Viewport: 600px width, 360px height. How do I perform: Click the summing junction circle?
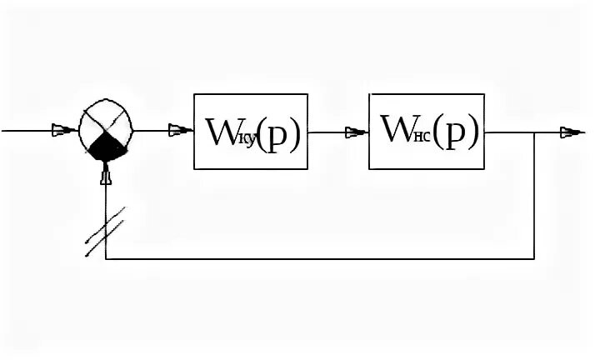coord(106,132)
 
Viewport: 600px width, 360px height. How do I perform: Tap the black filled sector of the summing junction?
coord(106,148)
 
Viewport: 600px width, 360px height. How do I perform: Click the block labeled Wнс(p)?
coord(427,130)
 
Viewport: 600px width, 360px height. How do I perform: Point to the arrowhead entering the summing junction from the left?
coord(62,130)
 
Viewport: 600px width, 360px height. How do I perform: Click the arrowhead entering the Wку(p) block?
coord(177,130)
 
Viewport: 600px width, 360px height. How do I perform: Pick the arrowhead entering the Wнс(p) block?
coord(356,131)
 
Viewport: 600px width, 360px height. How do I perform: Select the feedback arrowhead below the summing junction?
coord(106,176)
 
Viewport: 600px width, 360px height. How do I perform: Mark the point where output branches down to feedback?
coord(534,131)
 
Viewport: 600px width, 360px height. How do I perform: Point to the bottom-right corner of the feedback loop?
coord(534,258)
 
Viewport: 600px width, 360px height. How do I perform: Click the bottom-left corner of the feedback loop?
coord(107,258)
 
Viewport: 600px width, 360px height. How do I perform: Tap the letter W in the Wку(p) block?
coord(220,132)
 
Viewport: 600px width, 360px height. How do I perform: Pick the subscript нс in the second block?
coord(420,136)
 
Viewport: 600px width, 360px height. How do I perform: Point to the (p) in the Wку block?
coord(279,134)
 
